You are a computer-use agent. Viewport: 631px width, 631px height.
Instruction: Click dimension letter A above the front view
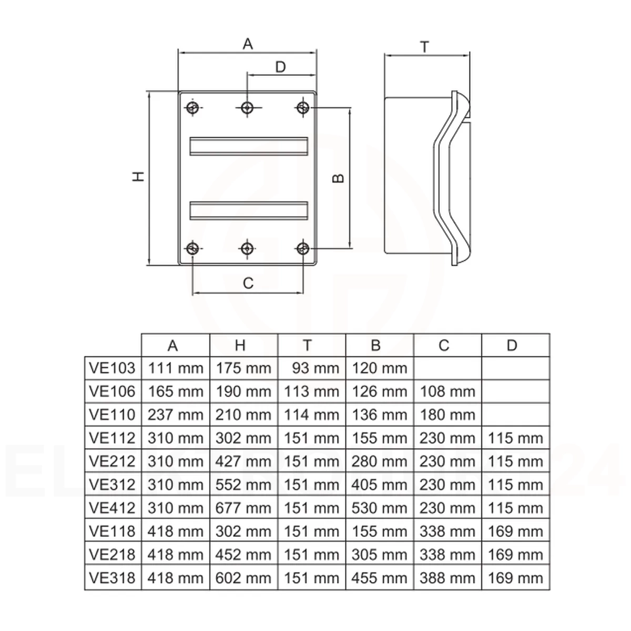[248, 44]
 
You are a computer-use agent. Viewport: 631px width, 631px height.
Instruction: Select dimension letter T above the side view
[424, 47]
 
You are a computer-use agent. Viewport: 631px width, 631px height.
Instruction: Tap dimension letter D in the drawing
[281, 67]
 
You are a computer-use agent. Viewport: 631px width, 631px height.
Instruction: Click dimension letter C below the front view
[248, 283]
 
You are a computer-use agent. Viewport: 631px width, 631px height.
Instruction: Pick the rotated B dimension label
[338, 178]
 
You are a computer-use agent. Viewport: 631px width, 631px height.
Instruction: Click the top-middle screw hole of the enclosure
[247, 107]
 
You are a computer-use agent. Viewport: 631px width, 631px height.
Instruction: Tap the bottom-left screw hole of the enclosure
[192, 249]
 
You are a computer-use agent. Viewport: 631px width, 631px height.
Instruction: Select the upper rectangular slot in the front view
[249, 146]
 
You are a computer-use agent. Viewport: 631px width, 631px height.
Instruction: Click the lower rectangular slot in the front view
[249, 210]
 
